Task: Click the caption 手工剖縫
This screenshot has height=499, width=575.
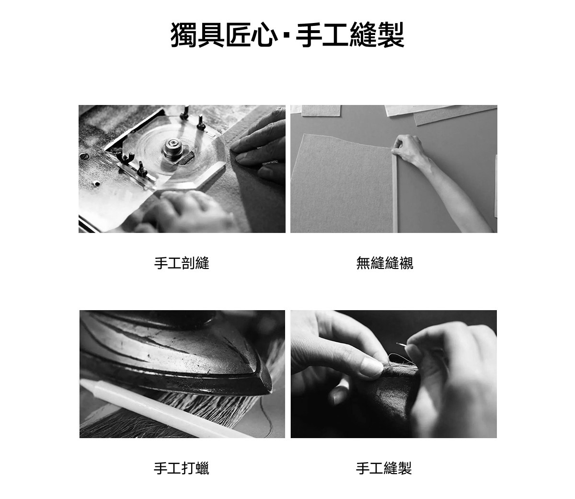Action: [x=182, y=263]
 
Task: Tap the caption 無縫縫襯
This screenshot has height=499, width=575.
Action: [x=385, y=263]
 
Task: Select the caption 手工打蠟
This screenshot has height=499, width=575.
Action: [x=182, y=468]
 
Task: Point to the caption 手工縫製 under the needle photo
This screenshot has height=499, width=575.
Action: [x=384, y=468]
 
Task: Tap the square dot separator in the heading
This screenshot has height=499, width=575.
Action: [x=287, y=36]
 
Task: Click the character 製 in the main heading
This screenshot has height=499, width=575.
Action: [x=391, y=35]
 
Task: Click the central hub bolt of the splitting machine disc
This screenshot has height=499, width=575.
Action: [x=172, y=147]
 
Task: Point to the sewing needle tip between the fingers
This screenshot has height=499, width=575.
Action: [x=397, y=343]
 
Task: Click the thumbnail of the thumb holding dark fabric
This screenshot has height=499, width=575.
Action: [x=371, y=366]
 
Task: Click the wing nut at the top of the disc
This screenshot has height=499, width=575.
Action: [x=186, y=112]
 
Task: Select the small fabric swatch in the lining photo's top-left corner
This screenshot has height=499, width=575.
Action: [x=321, y=110]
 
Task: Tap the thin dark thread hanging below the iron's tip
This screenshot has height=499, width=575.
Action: [x=267, y=416]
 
